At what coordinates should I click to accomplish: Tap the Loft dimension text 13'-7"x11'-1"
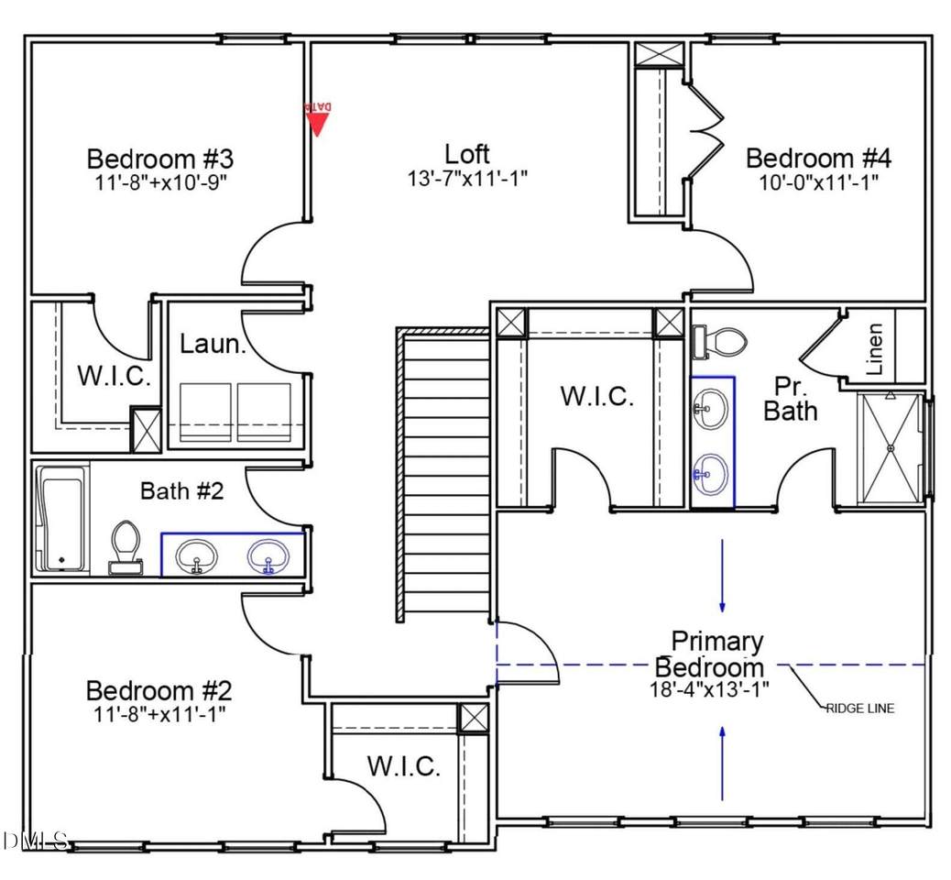pyautogui.click(x=467, y=178)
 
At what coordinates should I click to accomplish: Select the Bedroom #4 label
pyautogui.click(x=818, y=158)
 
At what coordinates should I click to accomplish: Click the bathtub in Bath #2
pyautogui.click(x=61, y=519)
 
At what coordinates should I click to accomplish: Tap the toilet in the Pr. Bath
pyautogui.click(x=719, y=342)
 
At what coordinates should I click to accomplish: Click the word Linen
pyautogui.click(x=875, y=350)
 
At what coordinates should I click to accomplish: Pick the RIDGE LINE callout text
pyautogui.click(x=859, y=708)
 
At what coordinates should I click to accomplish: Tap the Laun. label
pyautogui.click(x=213, y=345)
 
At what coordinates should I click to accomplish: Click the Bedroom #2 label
pyautogui.click(x=159, y=689)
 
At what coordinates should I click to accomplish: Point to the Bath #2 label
pyautogui.click(x=181, y=490)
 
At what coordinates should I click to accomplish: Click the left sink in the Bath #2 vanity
pyautogui.click(x=196, y=555)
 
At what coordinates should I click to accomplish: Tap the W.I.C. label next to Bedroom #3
pyautogui.click(x=114, y=377)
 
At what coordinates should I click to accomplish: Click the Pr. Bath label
pyautogui.click(x=790, y=400)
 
